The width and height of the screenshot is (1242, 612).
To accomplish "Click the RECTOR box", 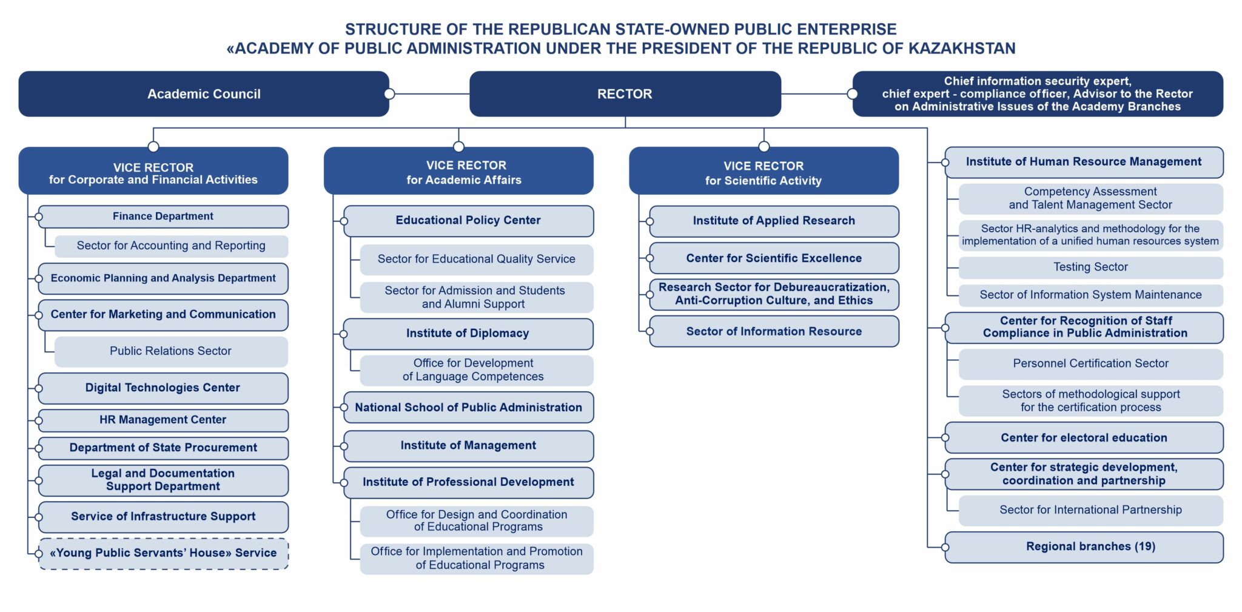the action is tap(625, 94).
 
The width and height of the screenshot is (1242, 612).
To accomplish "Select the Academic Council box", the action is tap(204, 94).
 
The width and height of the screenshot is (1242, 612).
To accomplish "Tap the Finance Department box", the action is tap(163, 217).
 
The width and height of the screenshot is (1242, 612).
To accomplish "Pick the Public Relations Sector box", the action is tap(171, 351).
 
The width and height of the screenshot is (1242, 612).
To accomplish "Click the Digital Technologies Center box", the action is tap(163, 388).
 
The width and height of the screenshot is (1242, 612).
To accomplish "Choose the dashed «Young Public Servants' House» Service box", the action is tap(163, 553).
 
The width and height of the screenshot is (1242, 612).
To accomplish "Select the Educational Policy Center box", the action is tap(468, 221).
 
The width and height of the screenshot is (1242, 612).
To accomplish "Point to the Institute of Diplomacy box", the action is tap(468, 334).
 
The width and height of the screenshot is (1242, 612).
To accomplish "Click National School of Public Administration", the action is tap(468, 408).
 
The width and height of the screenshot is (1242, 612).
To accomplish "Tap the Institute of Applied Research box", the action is tap(774, 221).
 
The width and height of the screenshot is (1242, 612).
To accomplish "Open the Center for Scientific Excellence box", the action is tap(774, 258).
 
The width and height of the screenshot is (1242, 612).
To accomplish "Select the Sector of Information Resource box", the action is tap(774, 331).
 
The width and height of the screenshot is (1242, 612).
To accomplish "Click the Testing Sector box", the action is tap(1091, 267).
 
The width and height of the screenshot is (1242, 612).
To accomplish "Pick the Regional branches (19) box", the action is tap(1084, 547).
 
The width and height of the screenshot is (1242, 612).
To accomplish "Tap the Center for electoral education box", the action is tap(1084, 438).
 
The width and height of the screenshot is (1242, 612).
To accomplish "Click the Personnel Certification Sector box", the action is tap(1091, 364).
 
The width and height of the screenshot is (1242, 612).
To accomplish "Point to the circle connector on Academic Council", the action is tap(389, 94).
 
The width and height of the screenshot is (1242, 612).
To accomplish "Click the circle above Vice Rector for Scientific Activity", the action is tap(764, 147).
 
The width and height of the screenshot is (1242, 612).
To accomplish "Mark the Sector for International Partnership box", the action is tap(1091, 511).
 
